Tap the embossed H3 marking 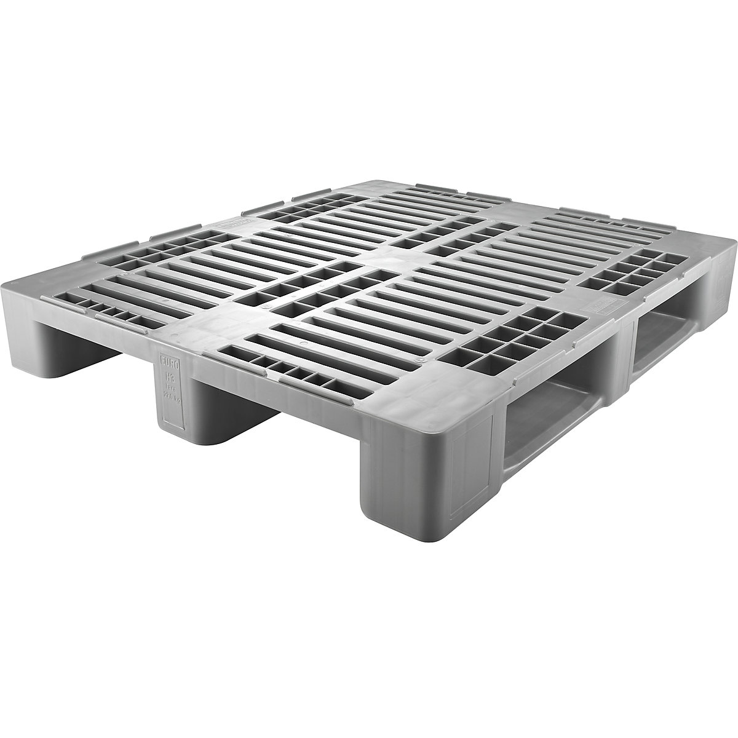click(168, 376)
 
